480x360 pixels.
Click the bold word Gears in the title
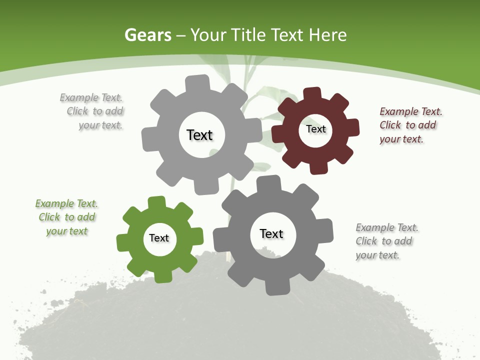148,35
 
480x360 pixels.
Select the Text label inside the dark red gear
315,129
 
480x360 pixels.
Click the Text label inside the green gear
159,238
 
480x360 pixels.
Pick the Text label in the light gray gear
199,135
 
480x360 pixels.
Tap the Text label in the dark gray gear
271,233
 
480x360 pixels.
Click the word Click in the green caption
49,217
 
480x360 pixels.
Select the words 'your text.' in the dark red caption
401,139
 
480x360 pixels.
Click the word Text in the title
286,35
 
